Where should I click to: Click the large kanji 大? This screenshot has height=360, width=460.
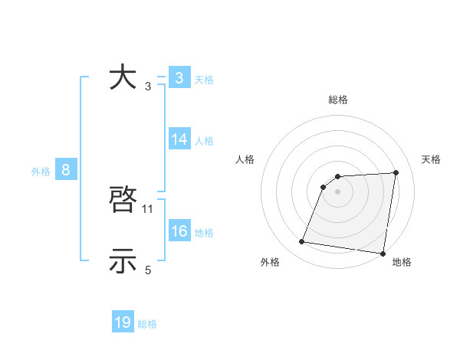pyautogui.click(x=123, y=77)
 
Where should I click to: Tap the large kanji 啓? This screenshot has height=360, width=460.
pyautogui.click(x=123, y=201)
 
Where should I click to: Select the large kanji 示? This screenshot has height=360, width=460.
pyautogui.click(x=123, y=261)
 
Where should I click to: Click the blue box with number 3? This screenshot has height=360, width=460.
pyautogui.click(x=179, y=77)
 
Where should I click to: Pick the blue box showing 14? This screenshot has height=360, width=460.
pyautogui.click(x=179, y=139)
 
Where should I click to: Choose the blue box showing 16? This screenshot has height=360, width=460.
pyautogui.click(x=179, y=231)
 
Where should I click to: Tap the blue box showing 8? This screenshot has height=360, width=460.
pyautogui.click(x=66, y=170)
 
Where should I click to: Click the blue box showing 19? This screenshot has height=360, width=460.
pyautogui.click(x=123, y=322)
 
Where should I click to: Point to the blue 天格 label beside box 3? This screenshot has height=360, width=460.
pyautogui.click(x=204, y=79)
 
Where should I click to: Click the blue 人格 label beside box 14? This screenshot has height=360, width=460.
pyautogui.click(x=204, y=141)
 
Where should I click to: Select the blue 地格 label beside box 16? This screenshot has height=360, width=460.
pyautogui.click(x=204, y=233)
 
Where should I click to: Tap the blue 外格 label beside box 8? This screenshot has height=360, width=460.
pyautogui.click(x=41, y=172)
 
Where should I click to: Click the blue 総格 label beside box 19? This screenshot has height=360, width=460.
pyautogui.click(x=147, y=324)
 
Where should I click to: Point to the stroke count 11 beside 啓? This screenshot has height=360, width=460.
pyautogui.click(x=149, y=208)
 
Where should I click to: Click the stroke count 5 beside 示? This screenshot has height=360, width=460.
pyautogui.click(x=149, y=270)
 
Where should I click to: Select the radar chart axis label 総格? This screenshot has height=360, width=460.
pyautogui.click(x=338, y=100)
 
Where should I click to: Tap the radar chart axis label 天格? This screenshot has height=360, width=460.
pyautogui.click(x=431, y=159)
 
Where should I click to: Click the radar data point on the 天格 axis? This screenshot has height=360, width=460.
pyautogui.click(x=396, y=172)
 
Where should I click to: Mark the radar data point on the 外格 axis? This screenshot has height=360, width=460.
pyautogui.click(x=301, y=242)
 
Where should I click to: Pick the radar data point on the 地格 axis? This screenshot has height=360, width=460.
pyautogui.click(x=382, y=254)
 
